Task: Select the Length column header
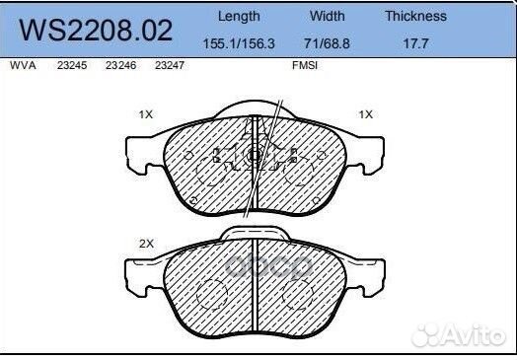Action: pyautogui.click(x=238, y=16)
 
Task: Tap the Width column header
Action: pyautogui.click(x=327, y=16)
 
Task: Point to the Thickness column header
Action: pyautogui.click(x=415, y=16)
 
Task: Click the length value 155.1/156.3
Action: pyautogui.click(x=238, y=43)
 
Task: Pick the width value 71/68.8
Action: pyautogui.click(x=327, y=43)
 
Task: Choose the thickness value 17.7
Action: pyautogui.click(x=415, y=43)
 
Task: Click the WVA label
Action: pyautogui.click(x=21, y=65)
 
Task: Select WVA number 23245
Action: pyautogui.click(x=70, y=65)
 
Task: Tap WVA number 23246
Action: pyautogui.click(x=118, y=65)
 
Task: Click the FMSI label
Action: pyautogui.click(x=304, y=65)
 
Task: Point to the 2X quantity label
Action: pyautogui.click(x=145, y=242)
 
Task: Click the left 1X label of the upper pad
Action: pyautogui.click(x=145, y=114)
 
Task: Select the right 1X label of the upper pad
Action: pyautogui.click(x=365, y=114)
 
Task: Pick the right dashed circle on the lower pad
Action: pyautogui.click(x=299, y=295)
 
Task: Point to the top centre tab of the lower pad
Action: pyautogui.click(x=256, y=233)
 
